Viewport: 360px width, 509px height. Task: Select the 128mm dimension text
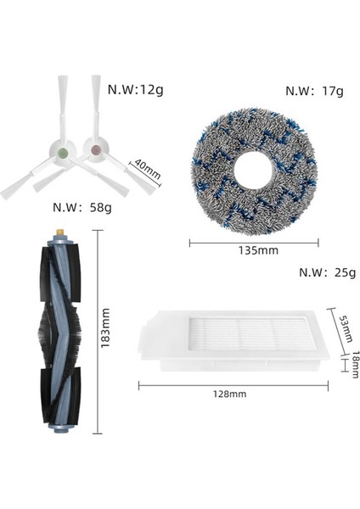[x=228, y=394]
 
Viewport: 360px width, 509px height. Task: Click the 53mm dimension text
[x=345, y=327]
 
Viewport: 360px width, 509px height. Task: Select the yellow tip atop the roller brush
[x=60, y=231]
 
